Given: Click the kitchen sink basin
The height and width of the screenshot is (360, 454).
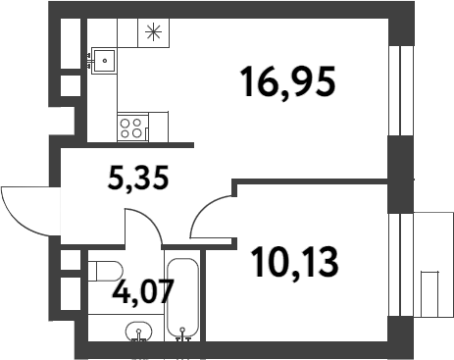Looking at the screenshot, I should pyautogui.click(x=103, y=62).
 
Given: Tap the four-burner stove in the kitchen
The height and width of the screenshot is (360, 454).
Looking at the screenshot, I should pyautogui.click(x=131, y=127).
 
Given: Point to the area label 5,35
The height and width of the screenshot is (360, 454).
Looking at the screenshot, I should pyautogui.click(x=138, y=179).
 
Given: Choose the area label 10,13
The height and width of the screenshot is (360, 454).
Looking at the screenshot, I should pyautogui.click(x=294, y=262).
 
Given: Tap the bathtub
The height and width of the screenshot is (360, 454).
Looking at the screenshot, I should pyautogui.click(x=183, y=296).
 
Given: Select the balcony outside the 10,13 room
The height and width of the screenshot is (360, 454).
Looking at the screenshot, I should pyautogui.click(x=429, y=264).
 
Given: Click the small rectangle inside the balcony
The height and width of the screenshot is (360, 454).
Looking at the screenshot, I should pyautogui.click(x=432, y=293).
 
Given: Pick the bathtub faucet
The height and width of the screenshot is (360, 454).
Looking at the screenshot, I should pyautogui.click(x=183, y=338).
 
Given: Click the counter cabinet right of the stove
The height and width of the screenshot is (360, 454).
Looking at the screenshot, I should pyautogui.click(x=158, y=127).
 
